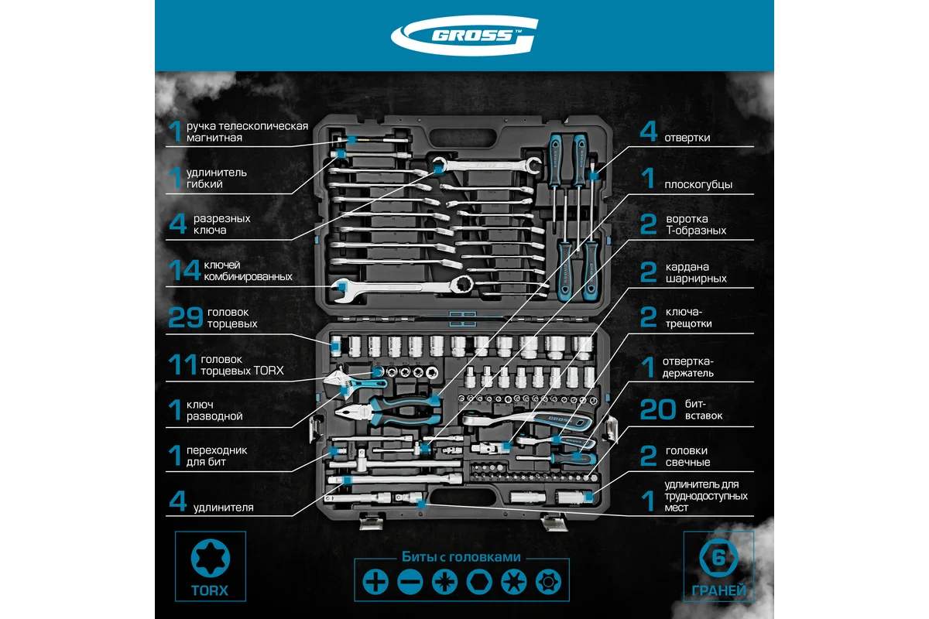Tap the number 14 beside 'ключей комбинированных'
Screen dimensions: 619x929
(x=184, y=270)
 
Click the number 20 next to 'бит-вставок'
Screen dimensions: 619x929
(x=658, y=409)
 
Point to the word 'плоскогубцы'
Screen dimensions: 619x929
(x=698, y=184)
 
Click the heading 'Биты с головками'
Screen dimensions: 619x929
(x=461, y=556)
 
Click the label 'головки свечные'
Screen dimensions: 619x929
(x=686, y=457)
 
